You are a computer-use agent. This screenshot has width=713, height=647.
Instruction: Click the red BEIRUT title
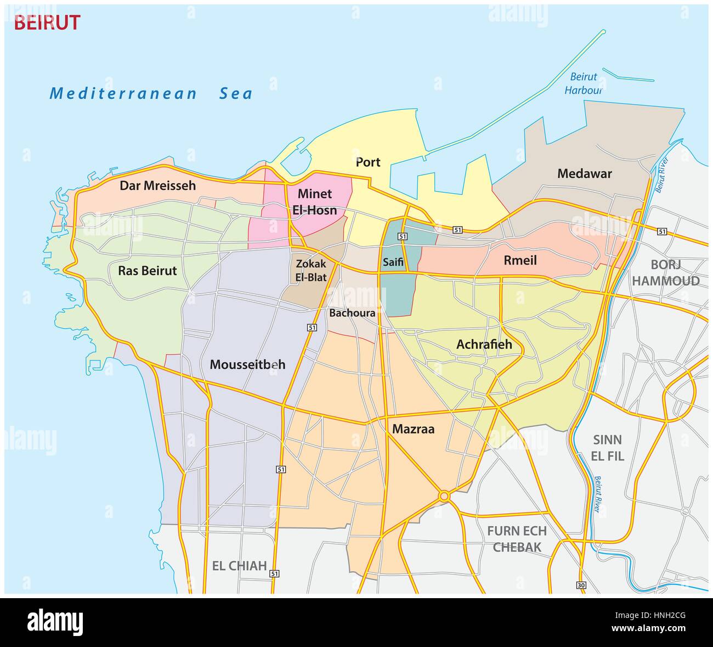[x=47, y=23]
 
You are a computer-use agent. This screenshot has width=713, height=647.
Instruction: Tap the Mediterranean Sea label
[x=151, y=93]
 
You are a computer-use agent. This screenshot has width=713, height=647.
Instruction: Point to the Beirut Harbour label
[x=584, y=84]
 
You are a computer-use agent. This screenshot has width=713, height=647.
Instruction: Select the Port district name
[x=368, y=162]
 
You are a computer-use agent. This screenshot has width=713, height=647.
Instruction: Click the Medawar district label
[x=584, y=174]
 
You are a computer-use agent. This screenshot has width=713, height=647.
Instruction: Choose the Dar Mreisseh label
[x=157, y=185]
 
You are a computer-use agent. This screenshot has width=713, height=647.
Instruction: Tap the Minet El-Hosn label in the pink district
[x=315, y=202]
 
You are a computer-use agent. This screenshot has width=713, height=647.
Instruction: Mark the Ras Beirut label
[x=148, y=271]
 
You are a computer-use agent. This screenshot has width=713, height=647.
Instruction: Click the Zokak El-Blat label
[x=311, y=271]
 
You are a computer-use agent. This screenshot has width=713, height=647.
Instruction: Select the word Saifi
[x=393, y=262]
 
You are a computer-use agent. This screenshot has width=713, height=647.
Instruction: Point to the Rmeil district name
[x=520, y=260]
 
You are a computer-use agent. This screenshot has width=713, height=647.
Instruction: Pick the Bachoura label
[x=352, y=313]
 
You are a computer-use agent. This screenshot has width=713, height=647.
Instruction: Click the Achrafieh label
[x=484, y=344]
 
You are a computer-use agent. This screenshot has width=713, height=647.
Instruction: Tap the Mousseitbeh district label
[x=247, y=364]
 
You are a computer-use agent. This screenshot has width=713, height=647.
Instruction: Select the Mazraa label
[x=413, y=429]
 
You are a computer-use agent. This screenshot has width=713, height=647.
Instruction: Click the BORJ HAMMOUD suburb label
[x=665, y=273]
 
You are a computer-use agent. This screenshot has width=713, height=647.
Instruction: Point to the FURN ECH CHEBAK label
[x=517, y=539]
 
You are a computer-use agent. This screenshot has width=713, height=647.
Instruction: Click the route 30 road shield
[x=581, y=586]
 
